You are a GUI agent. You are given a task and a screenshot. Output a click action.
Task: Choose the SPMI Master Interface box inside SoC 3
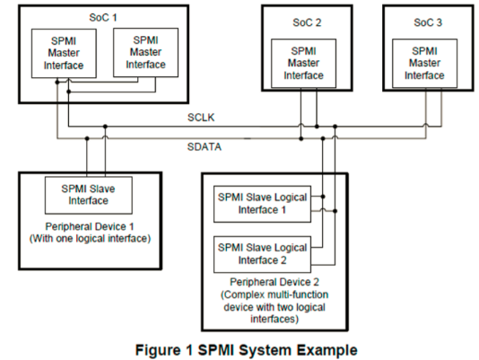coord(423,63)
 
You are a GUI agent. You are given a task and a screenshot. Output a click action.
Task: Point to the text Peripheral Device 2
coord(267,280)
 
